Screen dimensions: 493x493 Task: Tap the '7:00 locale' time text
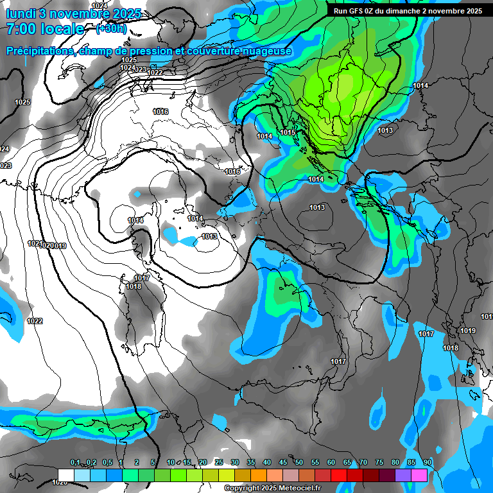(44, 29)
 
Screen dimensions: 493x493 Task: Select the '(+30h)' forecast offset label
(110, 29)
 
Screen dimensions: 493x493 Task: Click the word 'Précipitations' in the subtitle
(40, 51)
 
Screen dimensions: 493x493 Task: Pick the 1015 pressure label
(287, 132)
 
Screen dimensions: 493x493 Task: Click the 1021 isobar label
(35, 243)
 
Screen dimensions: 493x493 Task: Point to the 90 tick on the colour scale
(428, 463)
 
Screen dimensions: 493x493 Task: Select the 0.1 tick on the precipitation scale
(74, 463)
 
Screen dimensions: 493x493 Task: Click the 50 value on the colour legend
(299, 463)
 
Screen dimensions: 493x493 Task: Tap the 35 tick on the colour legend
(251, 463)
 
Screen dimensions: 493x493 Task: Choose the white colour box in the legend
(65, 475)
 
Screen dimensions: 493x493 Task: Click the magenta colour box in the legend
(419, 475)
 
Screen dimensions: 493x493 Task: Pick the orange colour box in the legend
(259, 475)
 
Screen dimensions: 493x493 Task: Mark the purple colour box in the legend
(403, 475)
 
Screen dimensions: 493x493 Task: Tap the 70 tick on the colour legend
(363, 463)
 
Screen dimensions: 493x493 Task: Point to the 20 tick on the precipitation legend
(203, 463)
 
